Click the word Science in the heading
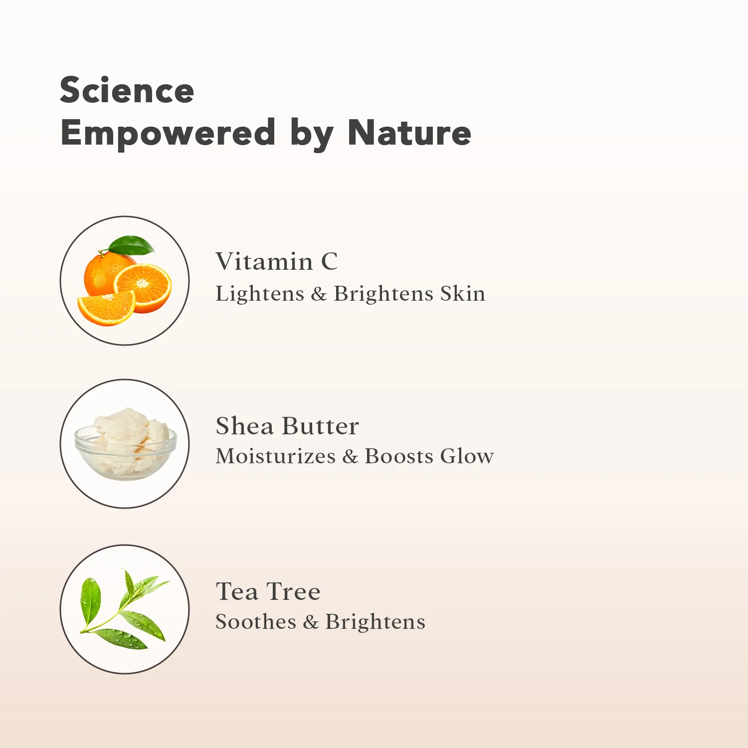coord(127,90)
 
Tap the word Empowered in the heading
coord(168,133)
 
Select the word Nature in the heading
coord(409,133)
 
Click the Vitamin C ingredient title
coord(277,261)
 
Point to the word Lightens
coord(260,293)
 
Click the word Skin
coord(463,293)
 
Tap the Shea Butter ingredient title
coord(287,426)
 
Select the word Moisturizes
coord(276,456)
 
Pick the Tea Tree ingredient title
coord(268,591)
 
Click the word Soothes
coord(256,621)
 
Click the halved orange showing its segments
coord(143,288)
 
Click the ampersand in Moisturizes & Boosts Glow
coord(351,456)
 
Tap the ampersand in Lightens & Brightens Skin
coord(319,294)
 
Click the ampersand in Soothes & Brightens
coord(311,622)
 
